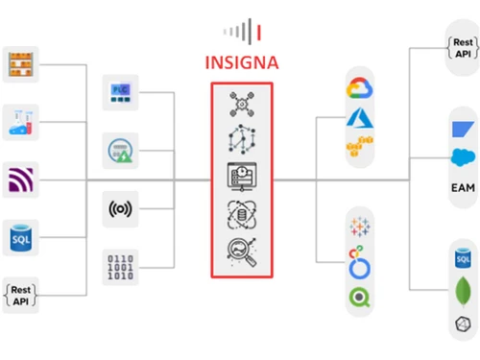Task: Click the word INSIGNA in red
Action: pyautogui.click(x=243, y=63)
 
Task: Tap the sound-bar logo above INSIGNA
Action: pyautogui.click(x=243, y=31)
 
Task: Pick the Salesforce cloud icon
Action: pyautogui.click(x=464, y=156)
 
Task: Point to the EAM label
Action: pyautogui.click(x=464, y=186)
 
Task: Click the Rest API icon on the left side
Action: pyautogui.click(x=21, y=291)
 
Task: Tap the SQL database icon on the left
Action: pyautogui.click(x=21, y=237)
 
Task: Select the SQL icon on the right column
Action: pyautogui.click(x=464, y=259)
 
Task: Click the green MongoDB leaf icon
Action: pyautogui.click(x=464, y=289)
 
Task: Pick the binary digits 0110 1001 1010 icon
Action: pyautogui.click(x=120, y=265)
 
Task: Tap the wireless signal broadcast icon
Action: pyautogui.click(x=120, y=207)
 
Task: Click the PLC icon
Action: pyautogui.click(x=120, y=92)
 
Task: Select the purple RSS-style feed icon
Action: pyautogui.click(x=21, y=180)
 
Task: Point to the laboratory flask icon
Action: pyautogui.click(x=21, y=122)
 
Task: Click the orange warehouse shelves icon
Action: pyautogui.click(x=21, y=64)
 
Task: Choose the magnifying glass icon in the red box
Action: pyautogui.click(x=242, y=249)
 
